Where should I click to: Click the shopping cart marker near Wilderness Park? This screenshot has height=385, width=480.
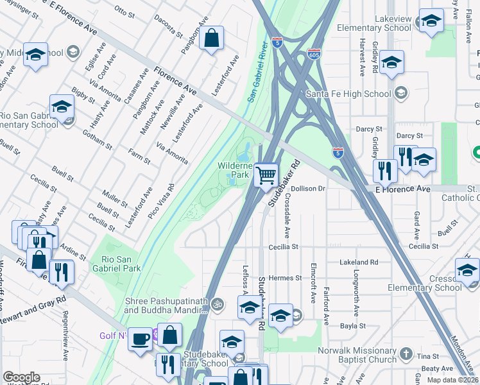266,174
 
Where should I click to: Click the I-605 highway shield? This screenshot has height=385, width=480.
314,55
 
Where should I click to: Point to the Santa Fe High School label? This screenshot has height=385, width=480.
348,94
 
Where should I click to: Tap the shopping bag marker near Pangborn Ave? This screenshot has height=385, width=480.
211,39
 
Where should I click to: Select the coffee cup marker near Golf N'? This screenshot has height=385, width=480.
141,339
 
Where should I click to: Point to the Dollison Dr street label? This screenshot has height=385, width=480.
309,189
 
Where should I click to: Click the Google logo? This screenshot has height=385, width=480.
21,377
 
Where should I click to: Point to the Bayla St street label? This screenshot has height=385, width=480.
353,326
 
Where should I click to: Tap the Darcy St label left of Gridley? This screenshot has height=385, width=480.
369,129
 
